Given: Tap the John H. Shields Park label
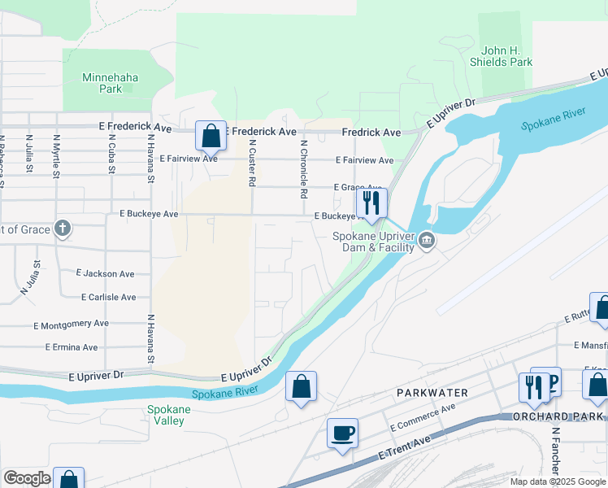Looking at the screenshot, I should (x=501, y=56).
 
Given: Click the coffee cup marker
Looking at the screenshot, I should (x=342, y=433).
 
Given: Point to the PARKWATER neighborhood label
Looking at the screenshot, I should (x=432, y=393).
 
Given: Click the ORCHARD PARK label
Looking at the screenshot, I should (x=560, y=416).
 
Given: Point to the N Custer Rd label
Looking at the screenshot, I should (x=253, y=163).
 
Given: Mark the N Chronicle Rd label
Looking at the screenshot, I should (x=303, y=169).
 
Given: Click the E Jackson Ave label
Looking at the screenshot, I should (x=105, y=274).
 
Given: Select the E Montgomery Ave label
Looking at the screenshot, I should (x=72, y=324).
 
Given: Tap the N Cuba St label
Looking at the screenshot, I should (x=111, y=157).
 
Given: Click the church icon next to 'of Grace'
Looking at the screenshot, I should (x=63, y=229).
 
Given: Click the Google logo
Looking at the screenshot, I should (x=27, y=478).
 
